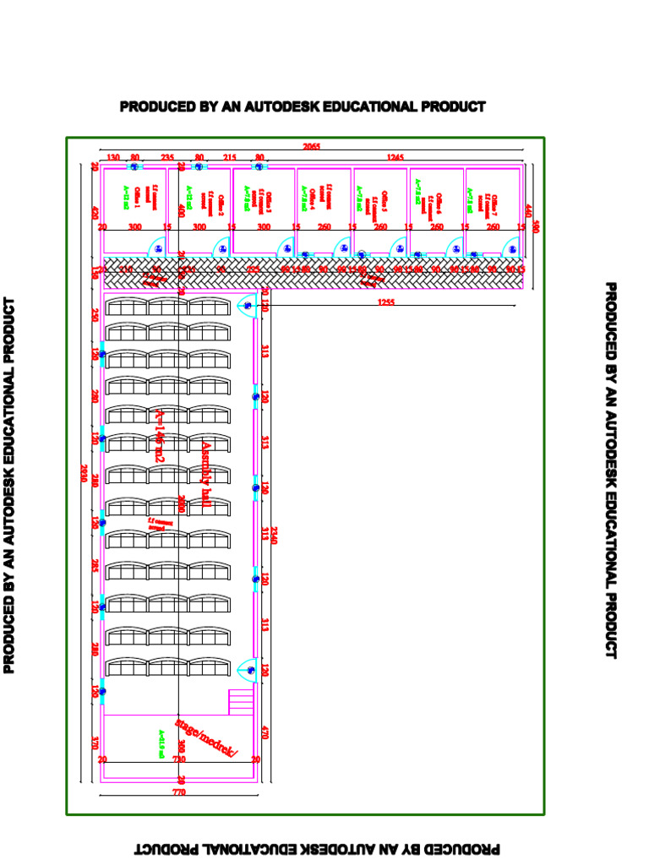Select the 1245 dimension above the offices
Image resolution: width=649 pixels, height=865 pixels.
pos(395,157)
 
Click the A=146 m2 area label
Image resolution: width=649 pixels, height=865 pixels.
pos(160,435)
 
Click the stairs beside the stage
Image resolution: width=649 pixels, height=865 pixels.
pos(241,702)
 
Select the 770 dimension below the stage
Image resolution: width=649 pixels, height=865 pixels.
pos(178,793)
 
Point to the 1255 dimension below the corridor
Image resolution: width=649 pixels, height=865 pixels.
pos(385,302)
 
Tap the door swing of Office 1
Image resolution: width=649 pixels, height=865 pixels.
pos(158,246)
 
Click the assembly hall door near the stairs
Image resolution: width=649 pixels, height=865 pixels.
pos(248,669)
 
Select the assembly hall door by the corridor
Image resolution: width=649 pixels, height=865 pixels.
pos(247,306)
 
